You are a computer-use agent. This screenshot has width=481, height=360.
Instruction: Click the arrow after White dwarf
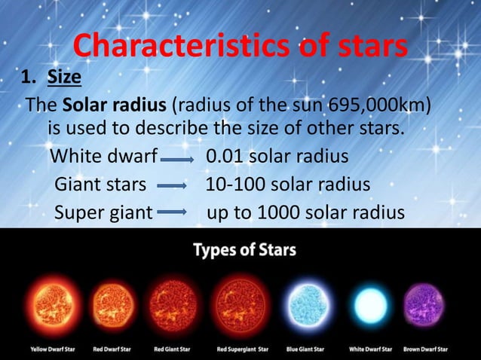179,160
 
